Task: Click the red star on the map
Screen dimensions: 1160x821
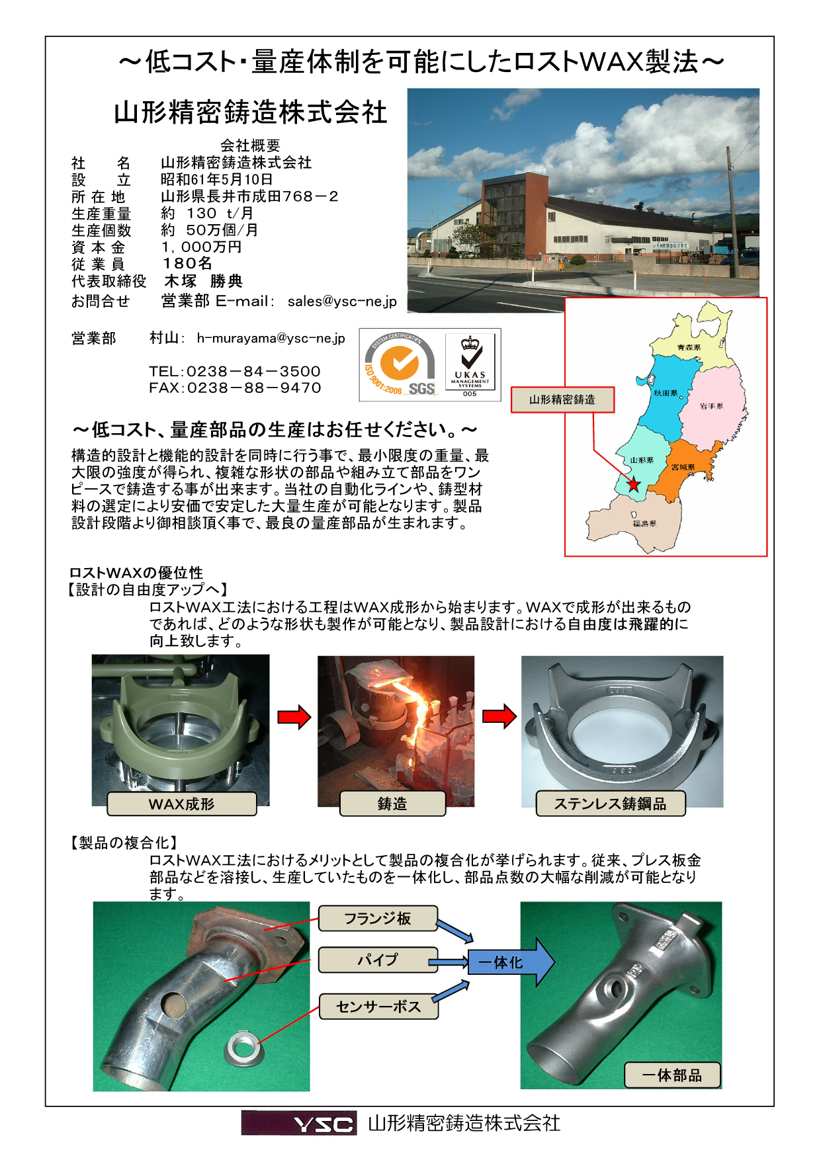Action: (x=634, y=484)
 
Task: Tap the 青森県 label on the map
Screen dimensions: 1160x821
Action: (x=689, y=347)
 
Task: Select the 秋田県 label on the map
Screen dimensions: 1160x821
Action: (x=665, y=393)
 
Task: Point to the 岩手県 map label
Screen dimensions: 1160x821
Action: (x=711, y=406)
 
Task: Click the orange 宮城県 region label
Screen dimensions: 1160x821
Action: (x=683, y=467)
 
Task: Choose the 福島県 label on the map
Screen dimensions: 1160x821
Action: (x=644, y=523)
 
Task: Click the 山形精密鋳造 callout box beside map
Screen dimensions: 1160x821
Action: (x=562, y=399)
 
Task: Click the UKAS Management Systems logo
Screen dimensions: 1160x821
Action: (x=470, y=365)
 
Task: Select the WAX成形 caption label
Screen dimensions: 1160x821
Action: (x=181, y=804)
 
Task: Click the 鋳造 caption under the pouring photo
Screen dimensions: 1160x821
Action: (x=392, y=804)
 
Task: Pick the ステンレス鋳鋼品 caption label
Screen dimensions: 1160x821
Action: (x=610, y=804)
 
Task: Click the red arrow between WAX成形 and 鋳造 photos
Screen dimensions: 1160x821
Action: (x=294, y=717)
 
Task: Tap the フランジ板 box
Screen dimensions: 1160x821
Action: (x=378, y=919)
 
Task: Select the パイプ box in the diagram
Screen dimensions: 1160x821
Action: (x=378, y=960)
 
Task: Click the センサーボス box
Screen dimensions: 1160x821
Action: (x=378, y=1007)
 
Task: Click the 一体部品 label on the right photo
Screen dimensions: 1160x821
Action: (x=671, y=1075)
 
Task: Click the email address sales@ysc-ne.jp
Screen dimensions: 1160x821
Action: (x=342, y=302)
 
